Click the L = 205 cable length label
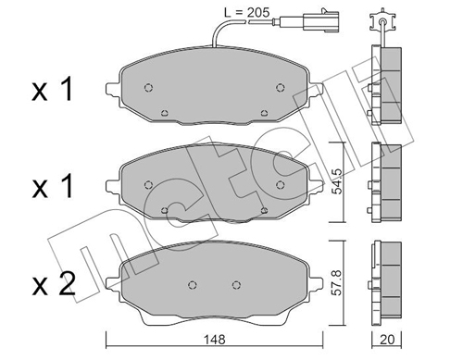(247, 13)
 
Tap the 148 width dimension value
(215, 340)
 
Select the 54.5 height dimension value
(337, 181)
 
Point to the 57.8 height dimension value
(337, 282)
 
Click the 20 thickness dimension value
(387, 340)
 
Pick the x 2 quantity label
(54, 285)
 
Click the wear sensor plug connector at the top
(321, 20)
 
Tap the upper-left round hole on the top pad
(148, 88)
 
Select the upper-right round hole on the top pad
(280, 88)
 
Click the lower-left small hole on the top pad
(165, 113)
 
